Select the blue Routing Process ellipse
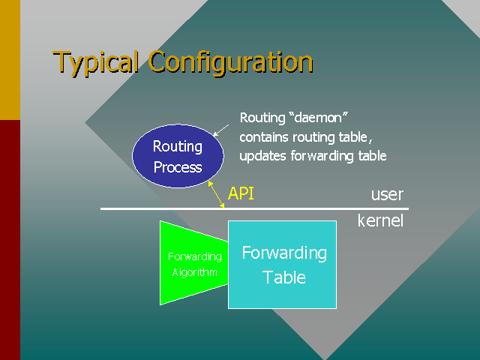click(178, 155)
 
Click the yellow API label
click(241, 193)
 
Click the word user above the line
click(387, 195)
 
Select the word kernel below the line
click(380, 220)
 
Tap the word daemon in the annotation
click(322, 118)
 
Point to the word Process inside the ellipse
click(178, 166)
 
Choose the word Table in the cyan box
click(284, 277)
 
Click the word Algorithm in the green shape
click(194, 272)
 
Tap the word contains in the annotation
click(263, 137)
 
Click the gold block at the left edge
click(10, 60)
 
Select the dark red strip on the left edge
click(10, 240)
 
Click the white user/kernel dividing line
click(300, 208)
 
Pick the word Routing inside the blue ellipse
click(178, 146)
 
